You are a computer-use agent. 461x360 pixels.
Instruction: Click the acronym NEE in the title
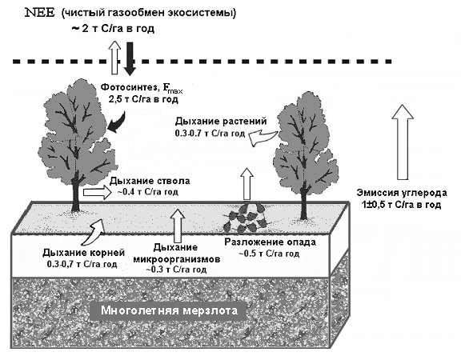point(40,13)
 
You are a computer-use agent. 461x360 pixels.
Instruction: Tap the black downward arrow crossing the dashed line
point(130,59)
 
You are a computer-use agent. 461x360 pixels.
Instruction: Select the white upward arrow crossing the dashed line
point(114,58)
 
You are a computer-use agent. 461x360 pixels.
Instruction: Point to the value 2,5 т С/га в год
point(143,99)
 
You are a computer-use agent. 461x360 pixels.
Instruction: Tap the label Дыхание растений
point(221,122)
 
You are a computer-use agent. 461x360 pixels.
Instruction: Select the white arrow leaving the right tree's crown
point(263,138)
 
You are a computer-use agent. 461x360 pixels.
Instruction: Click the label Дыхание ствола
point(150,181)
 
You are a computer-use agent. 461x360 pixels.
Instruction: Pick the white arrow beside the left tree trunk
point(98,193)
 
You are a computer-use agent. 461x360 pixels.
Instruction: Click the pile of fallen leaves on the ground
point(246,218)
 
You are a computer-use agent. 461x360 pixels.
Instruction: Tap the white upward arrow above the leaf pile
point(247,184)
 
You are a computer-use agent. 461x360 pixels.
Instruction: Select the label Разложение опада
point(271,242)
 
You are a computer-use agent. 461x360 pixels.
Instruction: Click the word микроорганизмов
point(177,259)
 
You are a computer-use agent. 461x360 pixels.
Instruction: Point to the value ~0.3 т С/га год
point(176,270)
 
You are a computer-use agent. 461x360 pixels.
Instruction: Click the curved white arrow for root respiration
point(94,233)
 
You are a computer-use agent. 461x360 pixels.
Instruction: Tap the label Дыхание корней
point(84,253)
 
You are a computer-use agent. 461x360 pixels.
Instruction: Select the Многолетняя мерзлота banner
point(169,311)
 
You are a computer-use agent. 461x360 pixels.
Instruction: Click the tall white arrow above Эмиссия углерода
point(403,142)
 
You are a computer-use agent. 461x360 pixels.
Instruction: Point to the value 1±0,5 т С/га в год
point(402,205)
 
